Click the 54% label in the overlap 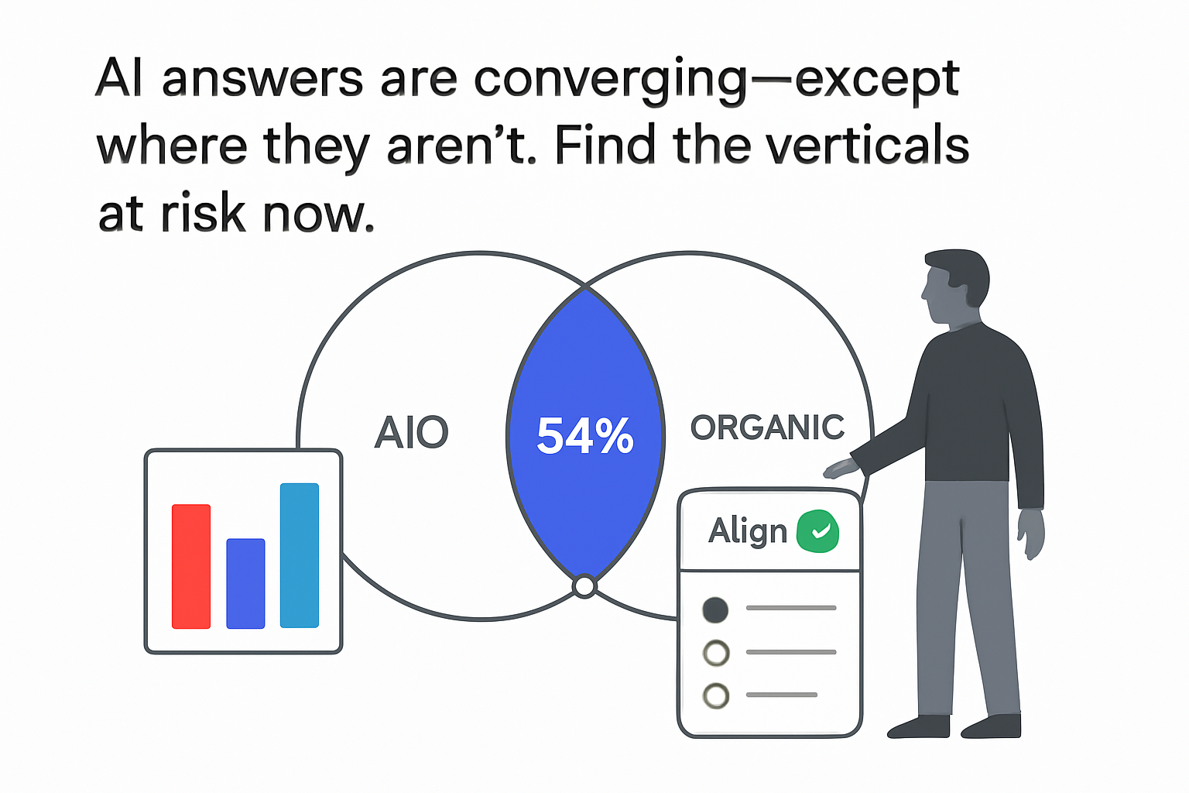585,435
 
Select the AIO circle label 411,433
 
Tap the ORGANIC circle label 766,428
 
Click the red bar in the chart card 191,566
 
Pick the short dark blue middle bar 245,583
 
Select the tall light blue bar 300,555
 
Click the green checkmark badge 817,531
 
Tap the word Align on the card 747,532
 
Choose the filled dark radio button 715,610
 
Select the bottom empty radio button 716,695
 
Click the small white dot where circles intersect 585,586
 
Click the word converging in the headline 611,81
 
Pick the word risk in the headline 204,214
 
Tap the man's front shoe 919,727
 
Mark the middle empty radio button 716,653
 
